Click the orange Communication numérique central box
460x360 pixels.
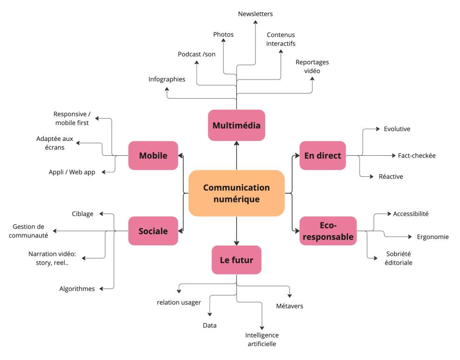pyautogui.click(x=237, y=193)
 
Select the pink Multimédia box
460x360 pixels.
pyautogui.click(x=237, y=125)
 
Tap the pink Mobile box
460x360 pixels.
pyautogui.click(x=153, y=155)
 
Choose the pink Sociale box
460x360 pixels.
pyautogui.click(x=153, y=231)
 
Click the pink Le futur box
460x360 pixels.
pyautogui.click(x=237, y=260)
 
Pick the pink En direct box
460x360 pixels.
pyautogui.click(x=322, y=155)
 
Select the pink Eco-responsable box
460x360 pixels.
pyautogui.click(x=328, y=231)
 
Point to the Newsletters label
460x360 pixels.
pyautogui.click(x=255, y=14)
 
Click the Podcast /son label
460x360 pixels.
pyautogui.click(x=197, y=54)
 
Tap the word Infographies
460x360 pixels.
pyautogui.click(x=167, y=79)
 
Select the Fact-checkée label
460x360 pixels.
pyautogui.click(x=417, y=155)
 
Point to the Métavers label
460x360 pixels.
pyautogui.click(x=289, y=306)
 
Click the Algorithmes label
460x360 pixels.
pyautogui.click(x=77, y=289)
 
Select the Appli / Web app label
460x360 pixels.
pyautogui.click(x=72, y=172)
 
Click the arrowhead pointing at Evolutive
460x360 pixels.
pyautogui.click(x=378, y=129)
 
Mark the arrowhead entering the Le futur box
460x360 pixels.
pyautogui.click(x=237, y=243)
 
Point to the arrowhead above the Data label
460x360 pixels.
pyautogui.click(x=210, y=314)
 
